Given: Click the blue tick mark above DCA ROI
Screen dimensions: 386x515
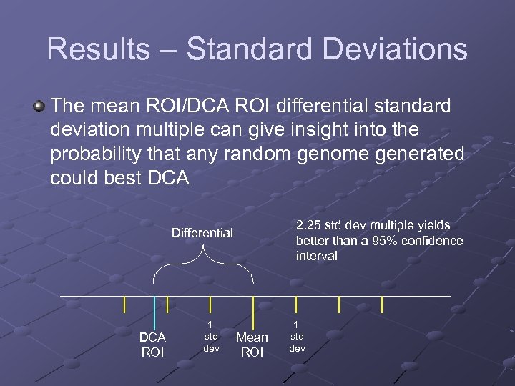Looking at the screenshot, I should click(154, 312).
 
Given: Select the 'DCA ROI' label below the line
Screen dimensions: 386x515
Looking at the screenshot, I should click(152, 345).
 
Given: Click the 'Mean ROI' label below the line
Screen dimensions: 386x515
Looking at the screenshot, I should click(252, 345).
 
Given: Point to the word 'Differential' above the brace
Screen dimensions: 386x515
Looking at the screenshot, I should click(202, 232).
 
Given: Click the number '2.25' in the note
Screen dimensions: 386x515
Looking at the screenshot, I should click(310, 225).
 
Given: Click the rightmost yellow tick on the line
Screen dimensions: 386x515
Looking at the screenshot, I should click(382, 305).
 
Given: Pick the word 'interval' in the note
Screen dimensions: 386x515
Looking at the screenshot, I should click(316, 256).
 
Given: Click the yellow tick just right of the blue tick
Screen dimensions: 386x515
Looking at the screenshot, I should click(167, 305).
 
